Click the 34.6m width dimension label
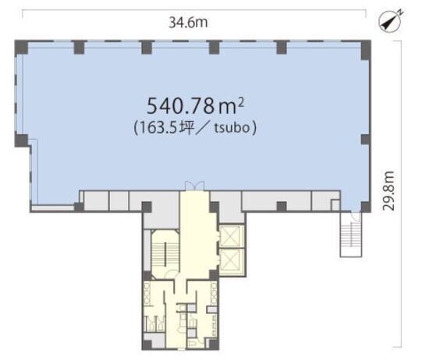tap(189, 23)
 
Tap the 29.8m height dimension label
tap(389, 191)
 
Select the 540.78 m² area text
tap(195, 106)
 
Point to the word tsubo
tap(232, 128)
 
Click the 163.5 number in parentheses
tap(158, 128)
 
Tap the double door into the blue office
tap(194, 185)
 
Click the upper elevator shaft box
tap(231, 236)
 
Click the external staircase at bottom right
tap(351, 235)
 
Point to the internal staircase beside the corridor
tap(165, 254)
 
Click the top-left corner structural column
tap(21, 48)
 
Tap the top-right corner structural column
tap(366, 50)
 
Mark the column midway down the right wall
tap(366, 139)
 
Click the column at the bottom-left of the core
tap(147, 344)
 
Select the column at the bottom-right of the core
tap(214, 344)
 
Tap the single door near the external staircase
tap(356, 216)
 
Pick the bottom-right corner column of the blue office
tap(366, 207)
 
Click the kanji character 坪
tap(186, 128)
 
